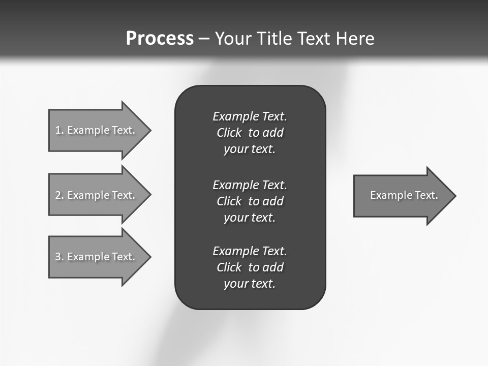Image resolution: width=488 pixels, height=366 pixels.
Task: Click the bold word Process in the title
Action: [160, 39]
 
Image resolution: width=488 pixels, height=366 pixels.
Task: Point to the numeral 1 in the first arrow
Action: [58, 130]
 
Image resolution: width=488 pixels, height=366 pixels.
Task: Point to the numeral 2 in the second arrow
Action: [58, 195]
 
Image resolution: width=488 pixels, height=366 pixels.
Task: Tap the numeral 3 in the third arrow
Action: [58, 257]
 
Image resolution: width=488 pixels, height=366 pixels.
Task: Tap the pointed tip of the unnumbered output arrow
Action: [454, 196]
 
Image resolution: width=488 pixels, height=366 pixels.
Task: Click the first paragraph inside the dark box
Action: [250, 133]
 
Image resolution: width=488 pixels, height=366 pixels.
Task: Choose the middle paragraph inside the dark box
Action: [250, 201]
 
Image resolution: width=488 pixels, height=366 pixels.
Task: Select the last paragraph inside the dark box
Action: [250, 267]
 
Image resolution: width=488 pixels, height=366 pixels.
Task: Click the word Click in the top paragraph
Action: [229, 133]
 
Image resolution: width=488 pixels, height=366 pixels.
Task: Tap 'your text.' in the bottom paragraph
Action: [250, 284]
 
